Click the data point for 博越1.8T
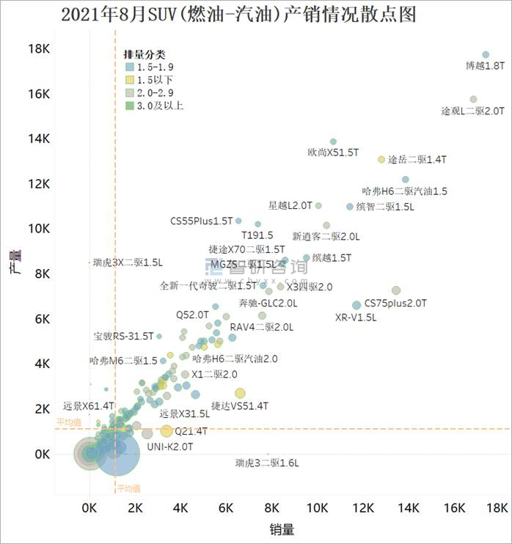coord(486,55)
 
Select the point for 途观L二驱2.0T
coord(473,99)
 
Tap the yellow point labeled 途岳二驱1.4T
coord(381,159)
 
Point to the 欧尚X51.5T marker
coord(333,141)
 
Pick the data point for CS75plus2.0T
coord(396,290)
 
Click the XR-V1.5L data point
coord(356,305)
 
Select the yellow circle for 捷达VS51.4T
coord(240,394)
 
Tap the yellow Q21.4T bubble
coord(167,431)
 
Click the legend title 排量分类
coord(144,54)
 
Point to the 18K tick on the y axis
coord(38,50)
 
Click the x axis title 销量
coord(283,529)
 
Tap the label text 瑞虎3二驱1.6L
coord(268,463)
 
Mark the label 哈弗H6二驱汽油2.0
coord(235,359)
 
